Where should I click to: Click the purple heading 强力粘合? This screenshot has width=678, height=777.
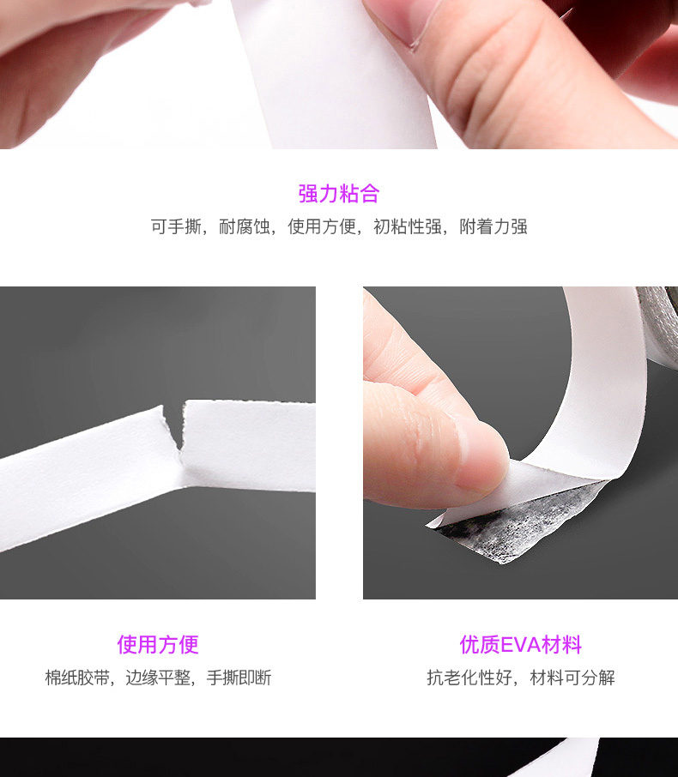point(339,193)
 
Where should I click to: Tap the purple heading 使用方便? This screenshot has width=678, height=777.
point(158,644)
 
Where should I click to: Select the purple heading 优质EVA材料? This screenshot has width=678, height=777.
point(520,644)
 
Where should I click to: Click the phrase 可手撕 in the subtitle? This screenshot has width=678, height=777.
point(176,226)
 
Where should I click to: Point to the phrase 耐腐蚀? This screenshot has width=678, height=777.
point(245,226)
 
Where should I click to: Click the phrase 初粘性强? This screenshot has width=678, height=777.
point(407,226)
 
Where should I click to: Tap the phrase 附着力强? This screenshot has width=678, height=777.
point(493,226)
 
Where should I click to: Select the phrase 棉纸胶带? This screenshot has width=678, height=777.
point(78,678)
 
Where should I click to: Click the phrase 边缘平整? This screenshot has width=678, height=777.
point(158,678)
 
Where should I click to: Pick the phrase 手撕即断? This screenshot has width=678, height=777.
point(239,678)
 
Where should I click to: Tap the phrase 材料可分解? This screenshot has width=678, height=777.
point(572,678)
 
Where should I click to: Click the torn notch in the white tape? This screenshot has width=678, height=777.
point(174,426)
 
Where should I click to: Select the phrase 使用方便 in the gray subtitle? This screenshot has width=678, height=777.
point(322,226)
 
